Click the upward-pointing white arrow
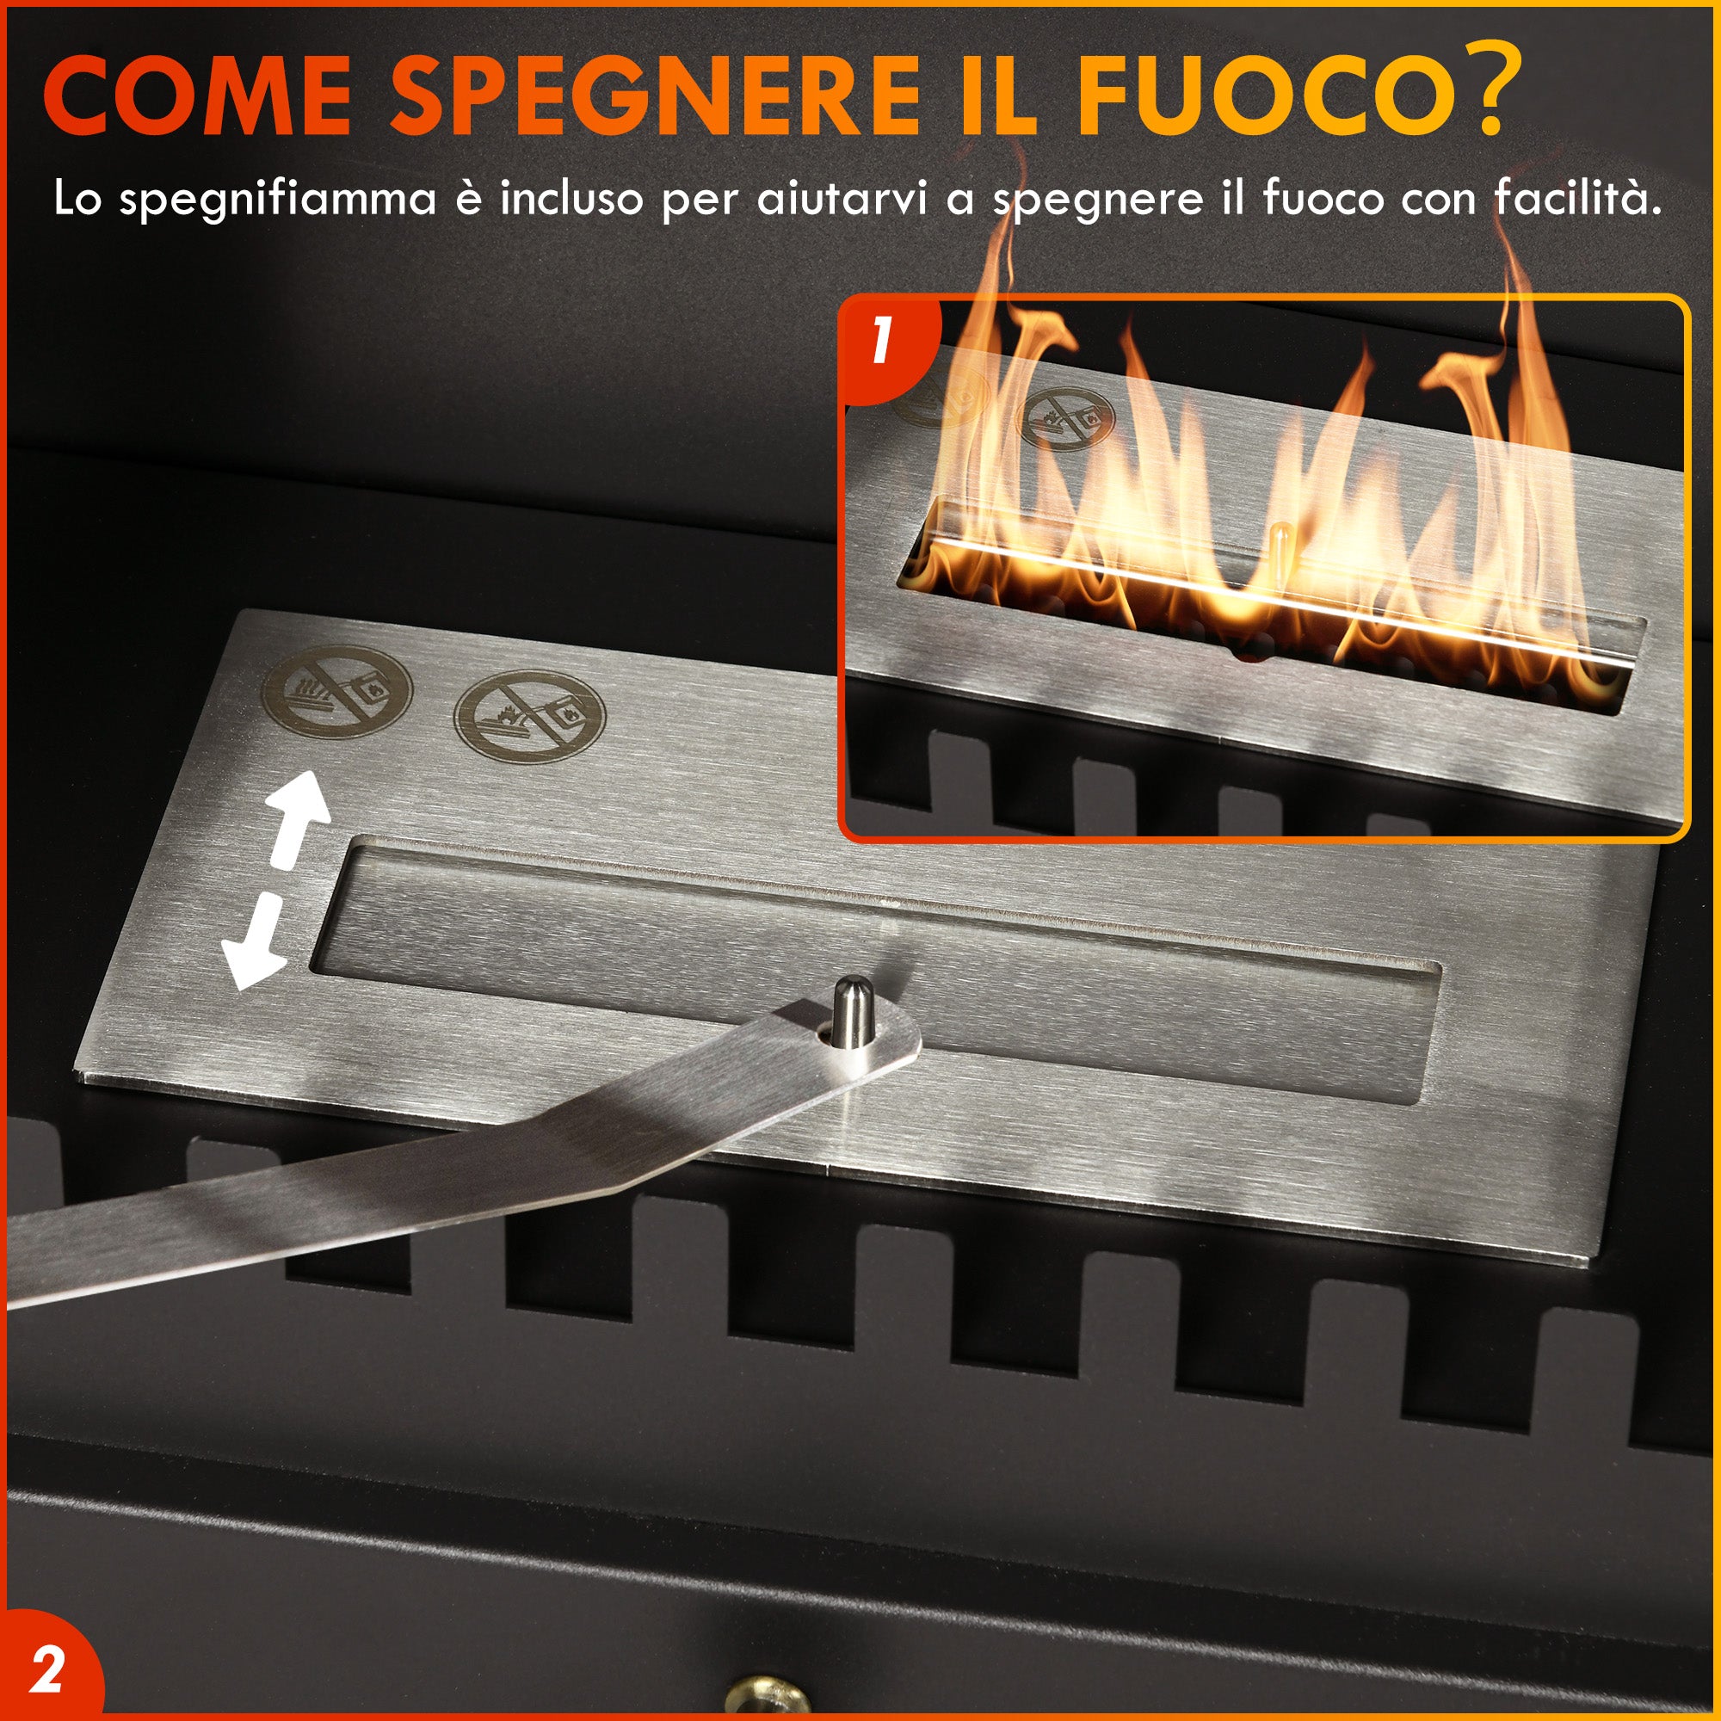point(299,819)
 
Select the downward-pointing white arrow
point(256,944)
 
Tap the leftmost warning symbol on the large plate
point(336,691)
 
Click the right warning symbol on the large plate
point(529,716)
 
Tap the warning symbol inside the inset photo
point(1065,416)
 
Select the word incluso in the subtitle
point(571,198)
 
